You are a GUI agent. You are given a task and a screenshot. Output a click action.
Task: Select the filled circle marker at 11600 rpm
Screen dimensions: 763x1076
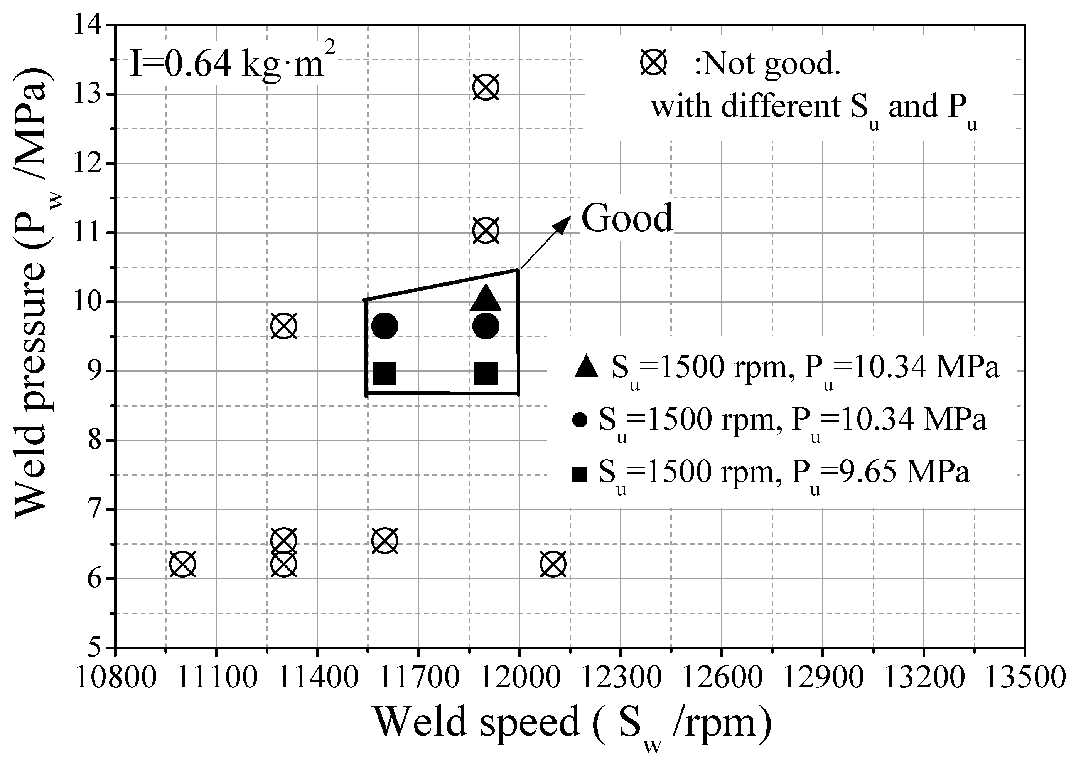click(x=385, y=326)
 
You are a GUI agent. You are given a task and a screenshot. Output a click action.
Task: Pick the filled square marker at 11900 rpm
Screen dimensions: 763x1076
click(x=486, y=373)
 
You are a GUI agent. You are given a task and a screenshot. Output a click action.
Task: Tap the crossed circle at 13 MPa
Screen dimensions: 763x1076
click(x=486, y=87)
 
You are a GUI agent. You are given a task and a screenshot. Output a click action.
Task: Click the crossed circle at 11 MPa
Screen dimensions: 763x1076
click(x=486, y=231)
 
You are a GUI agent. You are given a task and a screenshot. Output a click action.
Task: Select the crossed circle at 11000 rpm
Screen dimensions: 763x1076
click(x=182, y=564)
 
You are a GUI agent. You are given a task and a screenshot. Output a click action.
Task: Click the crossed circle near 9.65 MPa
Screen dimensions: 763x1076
click(x=283, y=326)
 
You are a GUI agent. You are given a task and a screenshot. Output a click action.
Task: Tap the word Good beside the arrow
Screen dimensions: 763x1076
click(x=627, y=218)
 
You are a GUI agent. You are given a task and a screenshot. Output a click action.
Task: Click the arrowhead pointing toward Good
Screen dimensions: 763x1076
click(x=563, y=223)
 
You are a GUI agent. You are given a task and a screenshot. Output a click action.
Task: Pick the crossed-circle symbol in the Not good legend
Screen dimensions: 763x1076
click(x=653, y=63)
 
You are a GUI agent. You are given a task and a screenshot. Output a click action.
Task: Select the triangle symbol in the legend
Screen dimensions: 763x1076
click(x=586, y=367)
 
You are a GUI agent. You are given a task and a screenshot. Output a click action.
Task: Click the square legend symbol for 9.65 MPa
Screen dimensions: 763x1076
click(x=580, y=474)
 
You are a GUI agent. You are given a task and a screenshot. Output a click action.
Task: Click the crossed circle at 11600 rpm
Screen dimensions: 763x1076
click(x=385, y=541)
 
